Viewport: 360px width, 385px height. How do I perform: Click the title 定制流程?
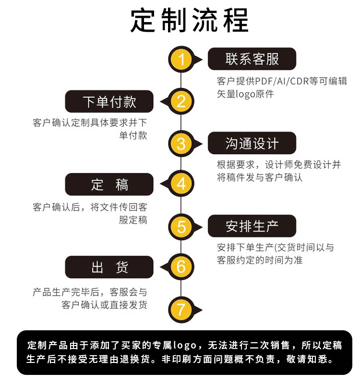[x=190, y=21]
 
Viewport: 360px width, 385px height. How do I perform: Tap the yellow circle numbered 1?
[x=181, y=60]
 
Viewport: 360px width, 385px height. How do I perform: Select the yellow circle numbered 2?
[x=181, y=101]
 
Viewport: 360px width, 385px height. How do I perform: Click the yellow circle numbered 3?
[x=181, y=143]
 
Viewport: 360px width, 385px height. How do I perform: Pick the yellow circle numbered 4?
[x=181, y=184]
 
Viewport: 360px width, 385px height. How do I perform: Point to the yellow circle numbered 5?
[x=181, y=226]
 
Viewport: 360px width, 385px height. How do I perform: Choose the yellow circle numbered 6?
[x=181, y=266]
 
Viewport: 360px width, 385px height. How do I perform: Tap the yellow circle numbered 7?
[x=181, y=308]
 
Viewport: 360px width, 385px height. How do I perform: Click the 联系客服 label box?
[x=252, y=59]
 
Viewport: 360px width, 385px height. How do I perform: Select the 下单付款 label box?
[x=109, y=101]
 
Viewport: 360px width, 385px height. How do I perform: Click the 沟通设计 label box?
[x=252, y=143]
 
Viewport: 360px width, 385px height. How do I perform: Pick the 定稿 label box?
[x=109, y=184]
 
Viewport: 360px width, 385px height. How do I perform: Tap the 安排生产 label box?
[x=252, y=226]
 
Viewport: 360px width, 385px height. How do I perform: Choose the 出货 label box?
[x=109, y=267]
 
